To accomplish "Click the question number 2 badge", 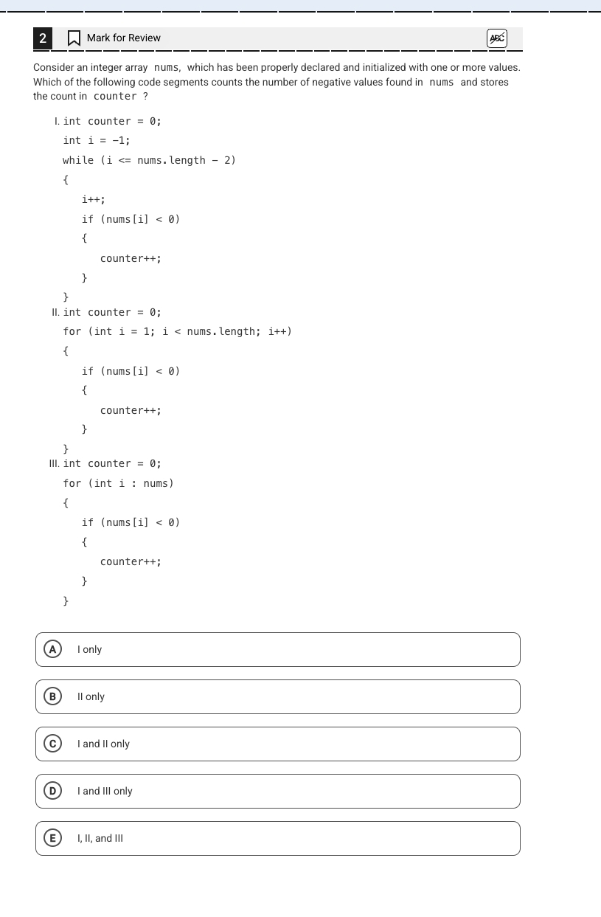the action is click(x=43, y=38).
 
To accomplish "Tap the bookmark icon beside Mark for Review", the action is click(x=74, y=38).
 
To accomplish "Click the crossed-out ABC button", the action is click(x=497, y=38).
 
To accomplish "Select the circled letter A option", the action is click(x=53, y=649).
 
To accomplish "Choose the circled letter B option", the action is click(x=53, y=696).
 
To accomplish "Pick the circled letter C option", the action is click(x=53, y=744).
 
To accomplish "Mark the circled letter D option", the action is click(x=53, y=791).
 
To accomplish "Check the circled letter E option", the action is click(x=53, y=838).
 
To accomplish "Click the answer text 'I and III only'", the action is click(x=105, y=791).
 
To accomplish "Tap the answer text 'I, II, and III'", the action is click(x=100, y=838).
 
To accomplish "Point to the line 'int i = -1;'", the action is click(x=97, y=140).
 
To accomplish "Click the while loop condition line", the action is click(x=149, y=160).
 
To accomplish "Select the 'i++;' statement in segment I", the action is click(x=93, y=199).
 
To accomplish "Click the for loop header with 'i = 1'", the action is click(x=177, y=331).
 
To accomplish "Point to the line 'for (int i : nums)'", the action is click(x=118, y=483).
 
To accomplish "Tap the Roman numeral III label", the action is click(x=54, y=463).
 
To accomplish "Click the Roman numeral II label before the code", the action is click(x=55, y=312).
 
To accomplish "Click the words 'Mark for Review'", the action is click(x=124, y=38).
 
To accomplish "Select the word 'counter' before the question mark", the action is click(x=115, y=96).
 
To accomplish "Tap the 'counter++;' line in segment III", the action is click(x=131, y=561).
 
